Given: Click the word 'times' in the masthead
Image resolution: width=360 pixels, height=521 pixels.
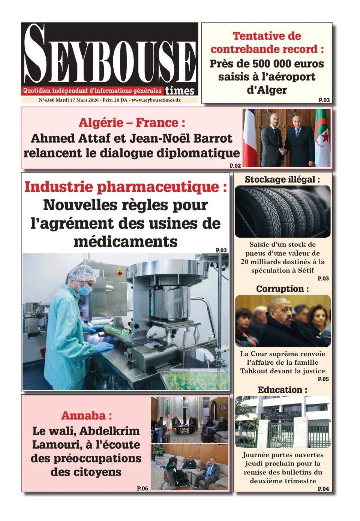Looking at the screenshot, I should (180, 91).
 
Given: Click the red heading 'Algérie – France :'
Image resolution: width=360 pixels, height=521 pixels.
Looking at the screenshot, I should (132, 123).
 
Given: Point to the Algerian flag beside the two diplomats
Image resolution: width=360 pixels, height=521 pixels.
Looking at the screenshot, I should (322, 137).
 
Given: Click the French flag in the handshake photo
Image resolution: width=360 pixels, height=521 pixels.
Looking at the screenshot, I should (249, 137).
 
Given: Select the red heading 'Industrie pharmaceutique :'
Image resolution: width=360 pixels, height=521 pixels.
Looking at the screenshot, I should (126, 187).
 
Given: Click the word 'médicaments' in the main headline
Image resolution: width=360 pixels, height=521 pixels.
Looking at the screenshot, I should (125, 242).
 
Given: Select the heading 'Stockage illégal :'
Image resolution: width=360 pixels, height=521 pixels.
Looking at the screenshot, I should (282, 180).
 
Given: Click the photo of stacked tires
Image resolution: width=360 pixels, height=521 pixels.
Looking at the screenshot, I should (282, 212).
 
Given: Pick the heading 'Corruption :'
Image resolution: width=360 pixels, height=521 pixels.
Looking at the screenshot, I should (282, 289).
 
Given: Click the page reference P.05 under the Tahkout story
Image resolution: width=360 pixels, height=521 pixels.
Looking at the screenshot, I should (323, 379).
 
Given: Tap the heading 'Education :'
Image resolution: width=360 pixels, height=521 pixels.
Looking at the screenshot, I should (282, 390).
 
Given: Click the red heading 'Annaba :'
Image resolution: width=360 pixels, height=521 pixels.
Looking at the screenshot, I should (86, 416).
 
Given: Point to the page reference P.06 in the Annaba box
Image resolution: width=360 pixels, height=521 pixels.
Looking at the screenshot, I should (142, 488).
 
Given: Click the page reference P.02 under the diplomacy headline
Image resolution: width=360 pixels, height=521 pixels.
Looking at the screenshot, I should (235, 165).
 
